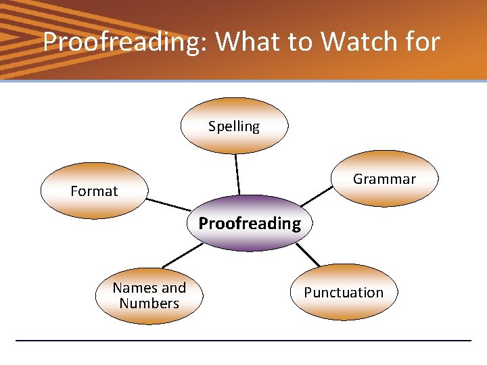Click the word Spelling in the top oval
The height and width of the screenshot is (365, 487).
point(234,126)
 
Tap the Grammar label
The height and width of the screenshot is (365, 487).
point(384,179)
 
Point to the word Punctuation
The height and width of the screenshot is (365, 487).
point(344,293)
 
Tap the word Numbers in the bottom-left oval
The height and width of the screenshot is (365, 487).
point(149,303)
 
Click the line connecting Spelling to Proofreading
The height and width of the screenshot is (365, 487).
point(237,174)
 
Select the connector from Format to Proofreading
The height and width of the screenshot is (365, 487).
point(168,204)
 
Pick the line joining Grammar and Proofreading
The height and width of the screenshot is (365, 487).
point(317,196)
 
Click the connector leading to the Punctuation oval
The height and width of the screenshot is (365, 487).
point(308,254)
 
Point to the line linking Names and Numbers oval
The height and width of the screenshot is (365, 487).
point(181,255)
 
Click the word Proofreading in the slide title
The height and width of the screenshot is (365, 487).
point(126,42)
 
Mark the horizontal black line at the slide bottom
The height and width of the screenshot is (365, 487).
point(243,340)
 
